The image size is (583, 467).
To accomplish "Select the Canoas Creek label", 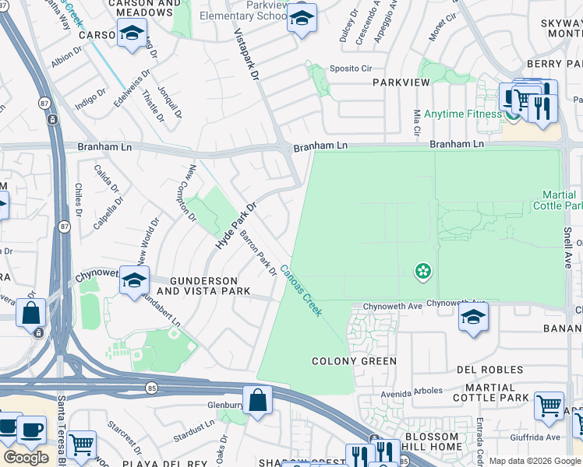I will coord(301,290).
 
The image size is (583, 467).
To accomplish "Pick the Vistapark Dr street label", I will coord(246,55).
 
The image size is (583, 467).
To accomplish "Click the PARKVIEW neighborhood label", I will coord(397,82).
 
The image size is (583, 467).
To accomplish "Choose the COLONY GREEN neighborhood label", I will coord(354,361).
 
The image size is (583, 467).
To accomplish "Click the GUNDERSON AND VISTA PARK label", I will coord(203,286).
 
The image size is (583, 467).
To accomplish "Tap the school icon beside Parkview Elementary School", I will coord(302,19).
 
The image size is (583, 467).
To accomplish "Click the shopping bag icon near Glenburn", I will coord(257,400).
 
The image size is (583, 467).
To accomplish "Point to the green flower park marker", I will coord(422,271).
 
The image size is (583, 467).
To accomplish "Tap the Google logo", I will coord(26,458).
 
